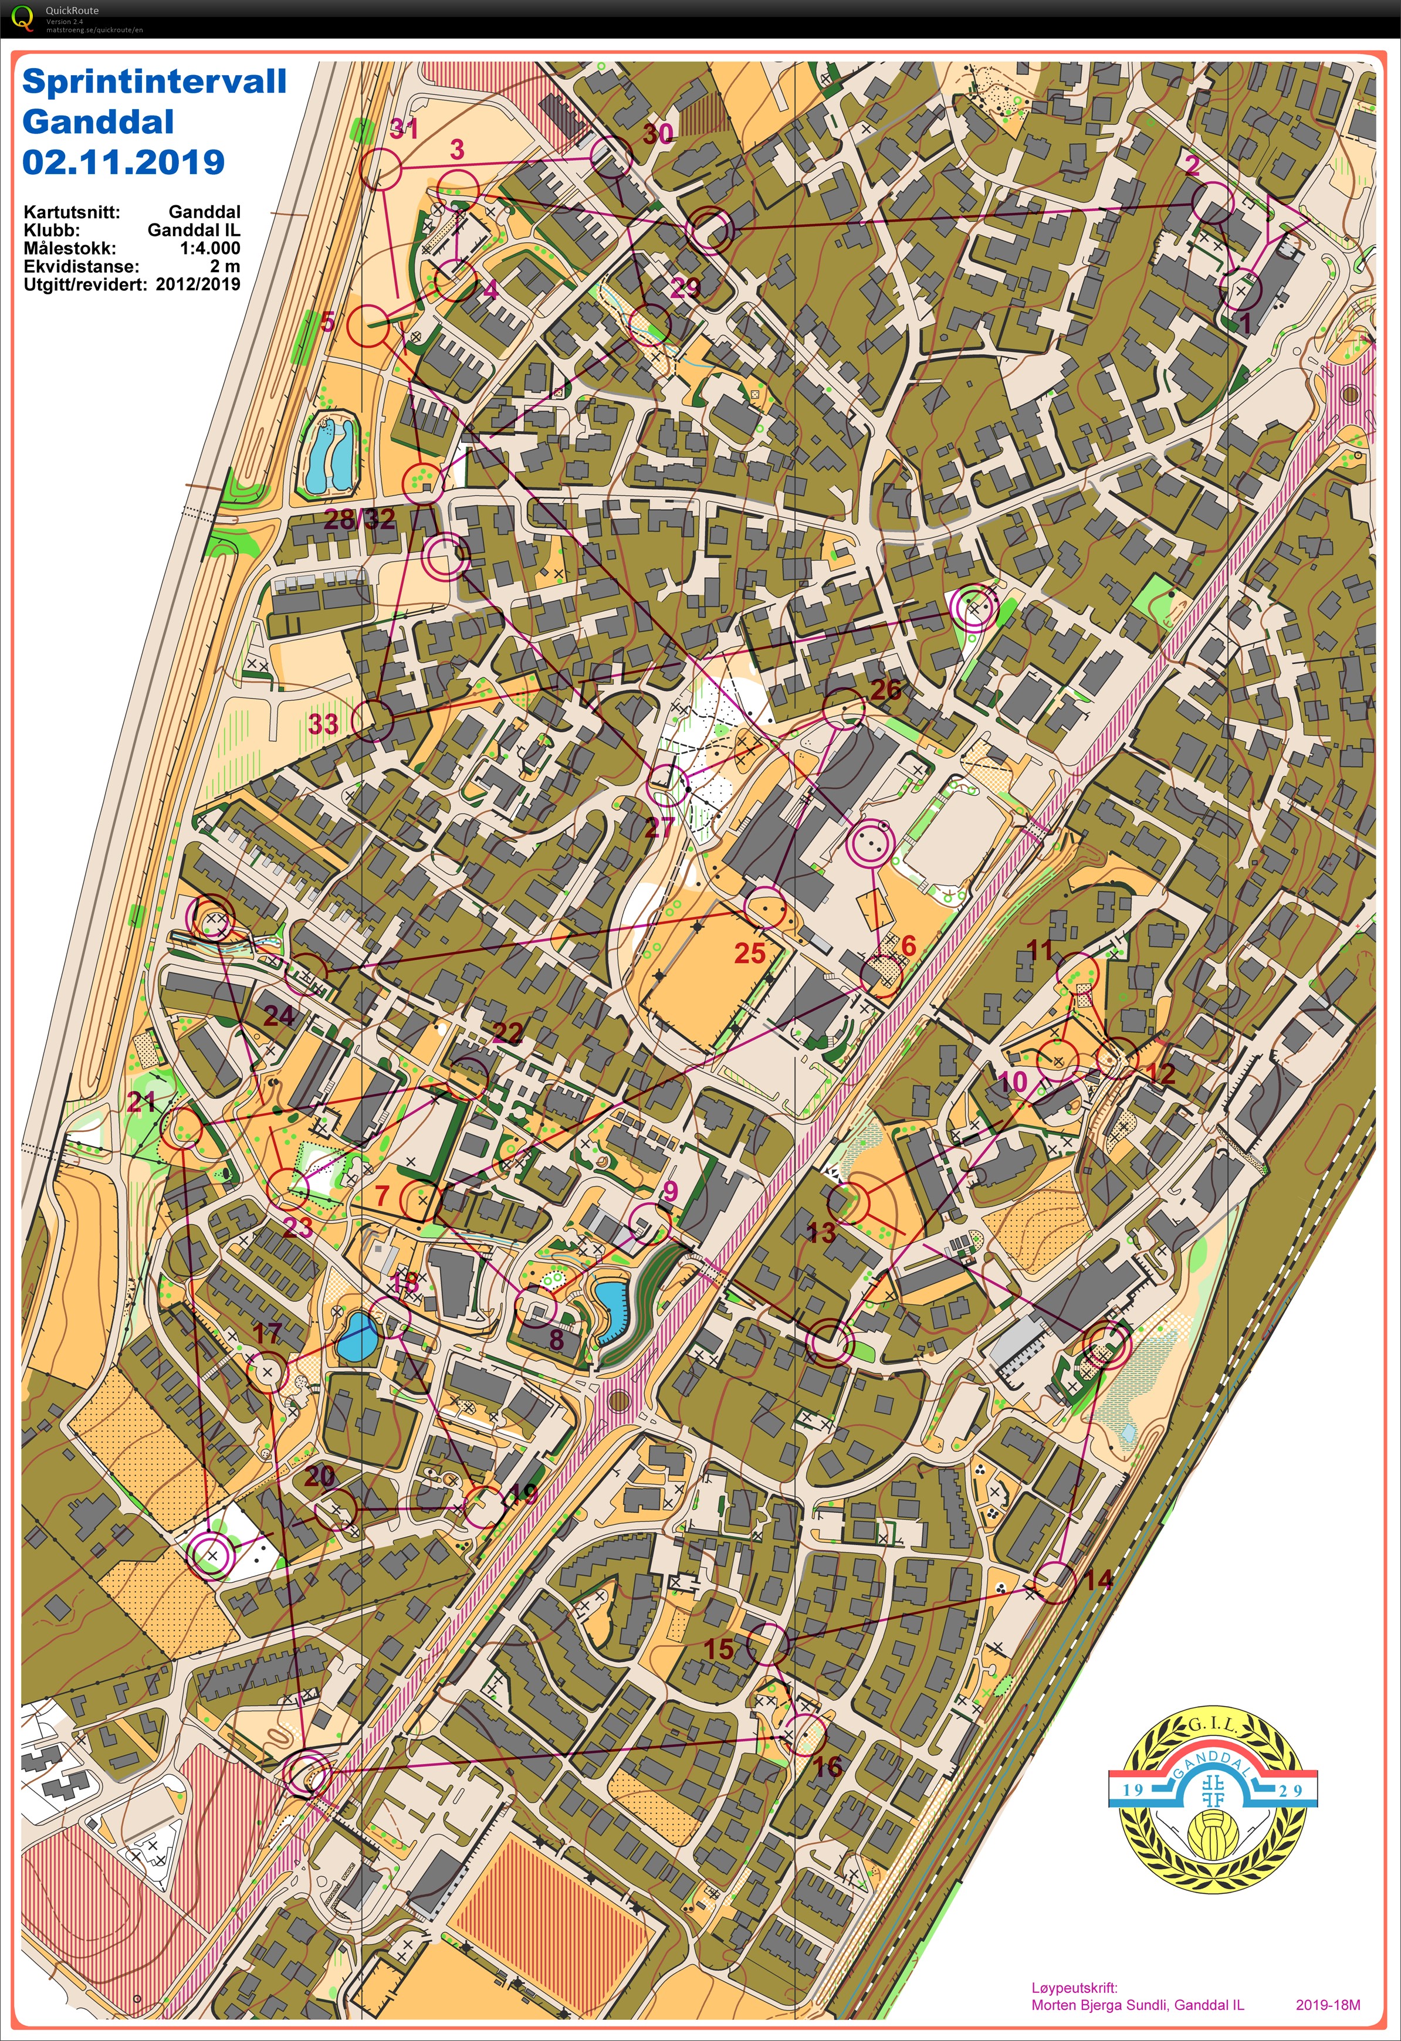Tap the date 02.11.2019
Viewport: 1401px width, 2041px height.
123,162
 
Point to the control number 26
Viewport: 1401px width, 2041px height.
885,689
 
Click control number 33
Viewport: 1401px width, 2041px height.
323,724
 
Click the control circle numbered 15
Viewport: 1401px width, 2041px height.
768,1645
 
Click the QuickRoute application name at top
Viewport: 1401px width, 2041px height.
72,11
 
